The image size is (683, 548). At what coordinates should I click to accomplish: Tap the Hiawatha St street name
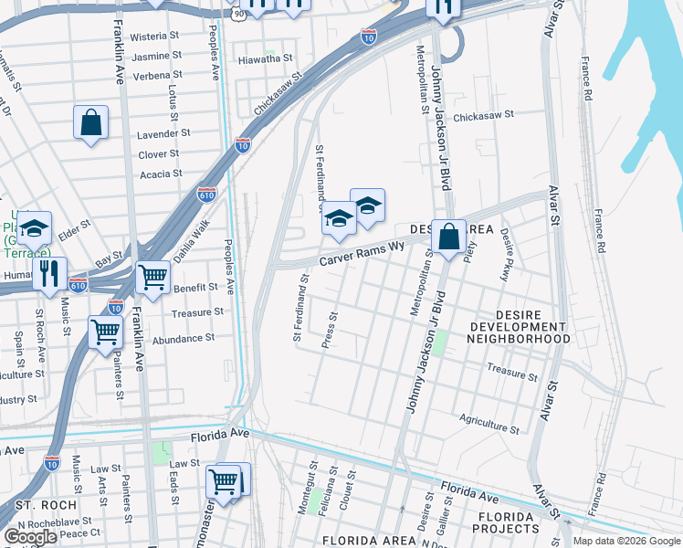264,58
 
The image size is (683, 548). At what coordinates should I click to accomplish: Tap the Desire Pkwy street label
504,254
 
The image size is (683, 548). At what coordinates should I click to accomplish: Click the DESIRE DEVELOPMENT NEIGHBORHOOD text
518,332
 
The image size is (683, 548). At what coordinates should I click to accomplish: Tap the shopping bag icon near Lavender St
91,123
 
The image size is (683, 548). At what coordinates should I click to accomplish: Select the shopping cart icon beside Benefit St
152,276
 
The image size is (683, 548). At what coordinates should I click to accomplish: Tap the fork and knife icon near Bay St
49,272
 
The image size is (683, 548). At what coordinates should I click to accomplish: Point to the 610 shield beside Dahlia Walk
206,194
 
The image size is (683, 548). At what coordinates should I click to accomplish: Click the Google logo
30,537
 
